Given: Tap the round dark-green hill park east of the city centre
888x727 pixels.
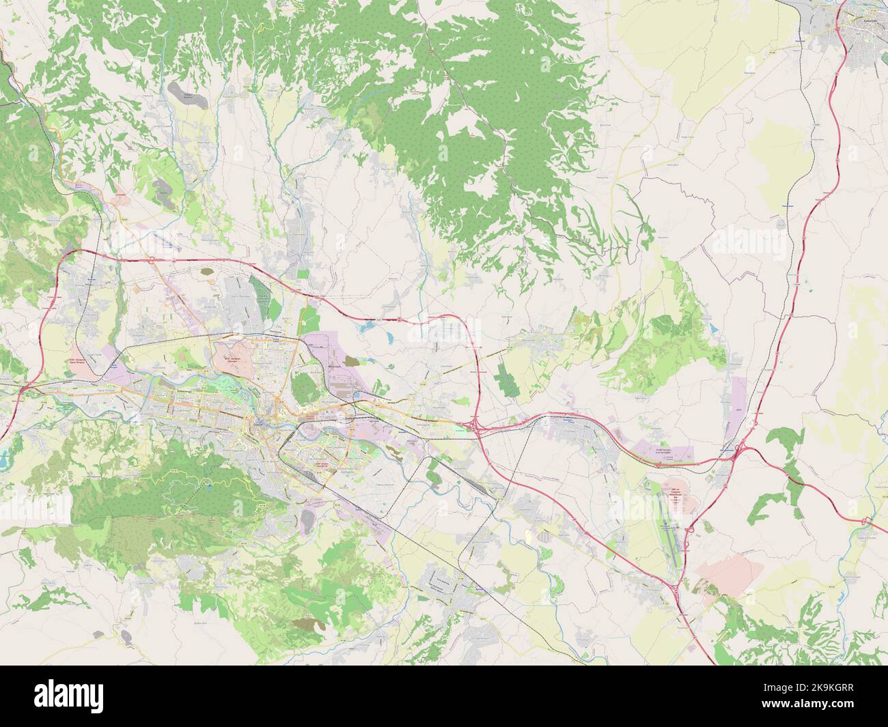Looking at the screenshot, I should (x=303, y=388).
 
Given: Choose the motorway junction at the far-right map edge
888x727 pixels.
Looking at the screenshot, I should (x=866, y=523).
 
